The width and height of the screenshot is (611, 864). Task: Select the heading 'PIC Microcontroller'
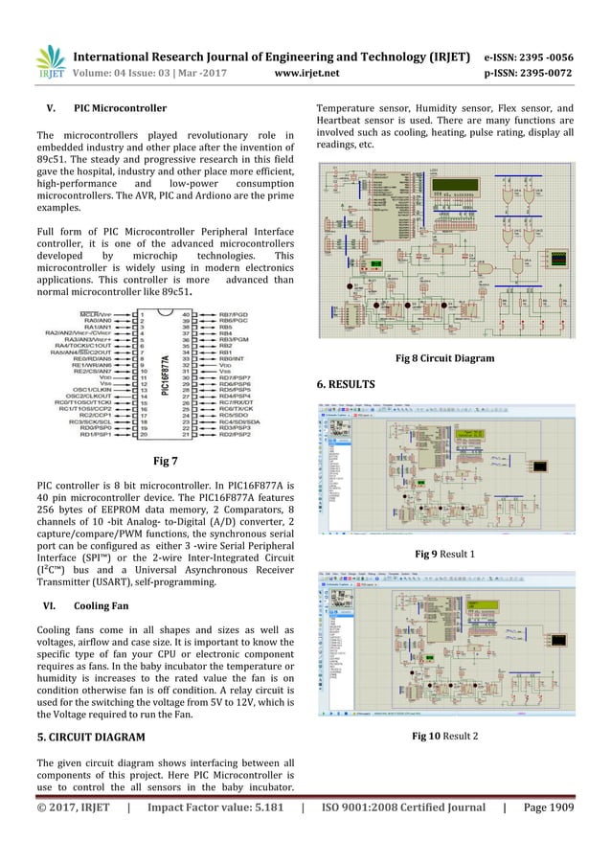pos(125,108)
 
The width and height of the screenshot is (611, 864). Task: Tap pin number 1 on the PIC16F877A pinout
pos(142,312)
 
